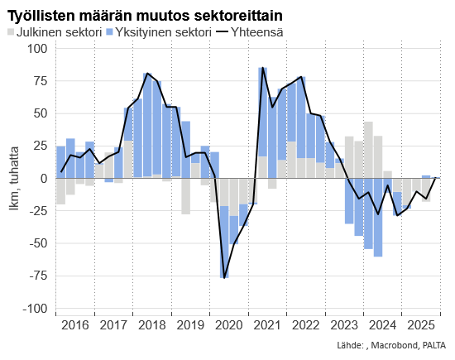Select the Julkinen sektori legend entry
(62, 33)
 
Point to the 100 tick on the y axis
(38, 48)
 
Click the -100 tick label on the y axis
(36, 309)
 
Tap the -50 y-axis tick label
(38, 243)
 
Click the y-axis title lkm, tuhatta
(14, 179)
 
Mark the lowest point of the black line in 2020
(224, 277)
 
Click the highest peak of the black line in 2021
(262, 68)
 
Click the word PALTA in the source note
(434, 345)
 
